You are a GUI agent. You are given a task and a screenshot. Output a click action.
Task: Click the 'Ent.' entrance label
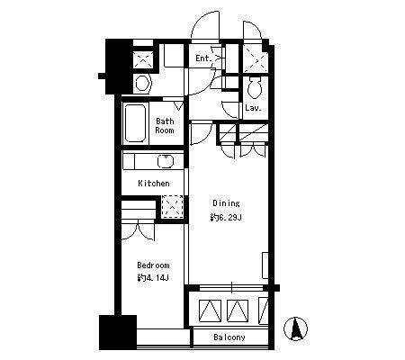point(204,58)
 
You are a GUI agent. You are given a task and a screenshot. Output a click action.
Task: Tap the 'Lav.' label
point(253,108)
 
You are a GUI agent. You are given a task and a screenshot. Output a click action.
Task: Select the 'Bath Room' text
point(165,126)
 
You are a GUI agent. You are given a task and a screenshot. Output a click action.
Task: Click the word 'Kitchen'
point(154,183)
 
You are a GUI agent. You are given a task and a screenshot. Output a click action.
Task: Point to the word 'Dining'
point(226,203)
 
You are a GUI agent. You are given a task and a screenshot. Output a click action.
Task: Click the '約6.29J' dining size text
point(226,218)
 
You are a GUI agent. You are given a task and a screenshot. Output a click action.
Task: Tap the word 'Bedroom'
point(153,265)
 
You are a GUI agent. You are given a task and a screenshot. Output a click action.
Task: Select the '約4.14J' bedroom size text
point(153,278)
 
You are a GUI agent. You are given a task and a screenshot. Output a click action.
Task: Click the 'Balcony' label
point(229,337)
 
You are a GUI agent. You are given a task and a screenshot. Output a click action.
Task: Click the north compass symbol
point(296,328)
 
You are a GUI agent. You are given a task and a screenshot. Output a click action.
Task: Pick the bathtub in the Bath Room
point(135,123)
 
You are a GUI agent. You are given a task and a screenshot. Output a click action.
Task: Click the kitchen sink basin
point(166,161)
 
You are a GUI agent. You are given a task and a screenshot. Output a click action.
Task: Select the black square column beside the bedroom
point(118,332)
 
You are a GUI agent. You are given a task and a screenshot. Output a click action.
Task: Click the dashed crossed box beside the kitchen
point(173,206)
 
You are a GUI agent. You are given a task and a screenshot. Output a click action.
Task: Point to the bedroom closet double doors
point(138,230)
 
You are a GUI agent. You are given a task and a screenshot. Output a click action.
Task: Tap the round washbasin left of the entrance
point(142,83)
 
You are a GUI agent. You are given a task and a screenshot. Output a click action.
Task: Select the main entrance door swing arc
point(205,26)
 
